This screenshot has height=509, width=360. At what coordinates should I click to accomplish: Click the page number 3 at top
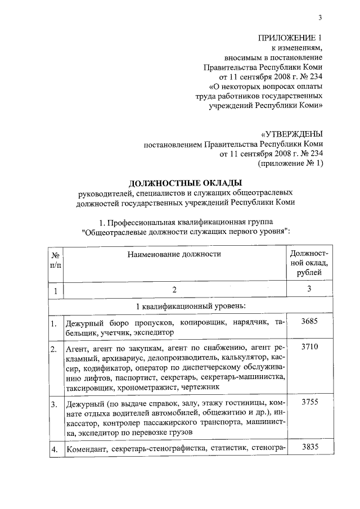[x=319, y=17]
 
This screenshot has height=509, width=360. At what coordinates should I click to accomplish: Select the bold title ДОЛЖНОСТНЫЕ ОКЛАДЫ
[x=185, y=183]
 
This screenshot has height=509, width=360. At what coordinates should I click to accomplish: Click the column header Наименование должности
[x=174, y=254]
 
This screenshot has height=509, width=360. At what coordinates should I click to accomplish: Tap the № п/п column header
[x=55, y=259]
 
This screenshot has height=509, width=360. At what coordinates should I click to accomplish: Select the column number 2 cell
[x=174, y=290]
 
